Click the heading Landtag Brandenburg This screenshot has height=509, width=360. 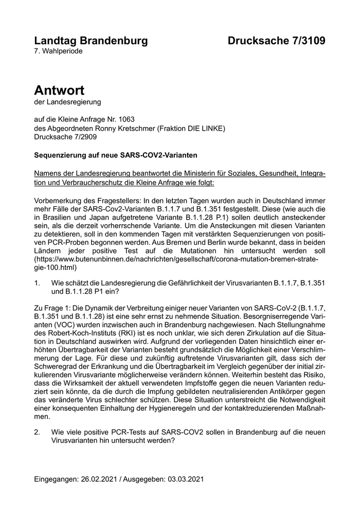click(91, 41)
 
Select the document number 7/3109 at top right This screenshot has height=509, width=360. click(305, 41)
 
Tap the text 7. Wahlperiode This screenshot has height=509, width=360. click(58, 51)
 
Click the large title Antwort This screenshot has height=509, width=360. click(59, 90)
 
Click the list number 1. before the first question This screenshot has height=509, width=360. click(37, 283)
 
